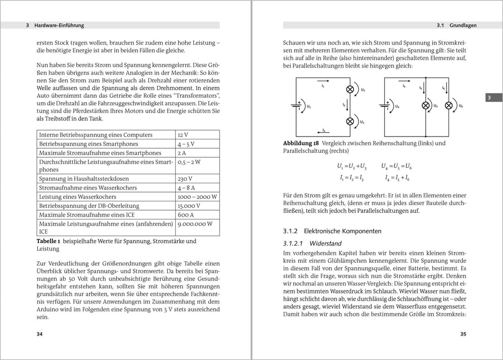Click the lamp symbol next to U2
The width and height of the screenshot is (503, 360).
point(350,89)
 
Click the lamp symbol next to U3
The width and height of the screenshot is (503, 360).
point(350,121)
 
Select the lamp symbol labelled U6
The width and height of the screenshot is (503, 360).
point(448,105)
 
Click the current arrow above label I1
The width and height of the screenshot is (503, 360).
point(323,80)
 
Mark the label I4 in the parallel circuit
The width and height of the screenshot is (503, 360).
point(404,86)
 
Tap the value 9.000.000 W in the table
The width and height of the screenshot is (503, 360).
point(195,223)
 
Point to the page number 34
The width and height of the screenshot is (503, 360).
point(40,334)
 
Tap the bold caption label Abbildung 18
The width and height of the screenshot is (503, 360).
point(301,143)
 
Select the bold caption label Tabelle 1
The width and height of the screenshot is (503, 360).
point(49,241)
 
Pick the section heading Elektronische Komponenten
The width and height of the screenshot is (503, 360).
point(342,231)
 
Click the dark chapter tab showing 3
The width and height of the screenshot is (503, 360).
point(489,98)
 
